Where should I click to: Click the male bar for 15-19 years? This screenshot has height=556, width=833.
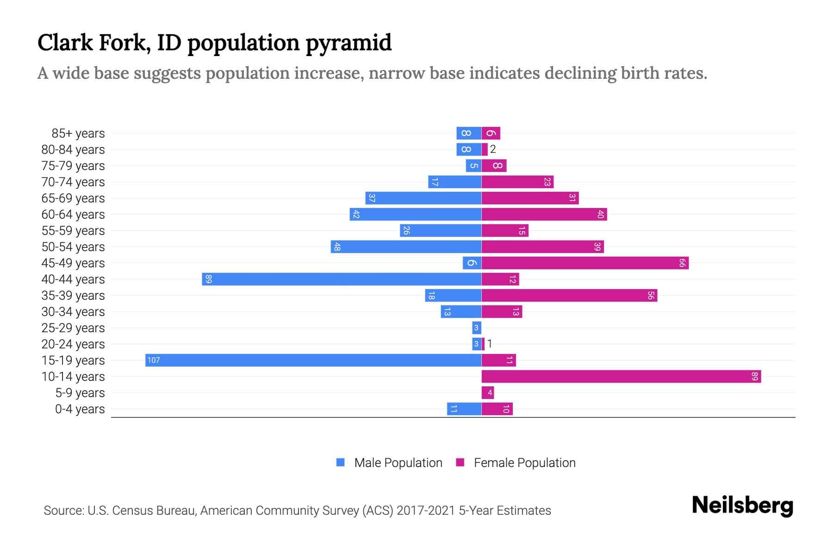(x=313, y=360)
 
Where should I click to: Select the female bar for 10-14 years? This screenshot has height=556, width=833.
(x=621, y=376)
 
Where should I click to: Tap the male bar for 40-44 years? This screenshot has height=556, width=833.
(x=342, y=279)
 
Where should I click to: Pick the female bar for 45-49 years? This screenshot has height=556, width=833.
(x=585, y=263)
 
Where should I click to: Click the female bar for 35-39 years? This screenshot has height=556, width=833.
(x=569, y=295)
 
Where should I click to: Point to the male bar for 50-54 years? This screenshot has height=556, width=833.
(x=406, y=246)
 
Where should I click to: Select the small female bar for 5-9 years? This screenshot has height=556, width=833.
(x=488, y=392)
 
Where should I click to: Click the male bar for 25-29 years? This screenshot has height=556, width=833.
(x=477, y=328)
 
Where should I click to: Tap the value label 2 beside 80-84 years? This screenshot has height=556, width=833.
(x=493, y=149)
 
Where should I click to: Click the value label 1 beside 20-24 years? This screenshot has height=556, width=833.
(x=490, y=344)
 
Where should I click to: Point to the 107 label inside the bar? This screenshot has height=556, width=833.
(x=154, y=360)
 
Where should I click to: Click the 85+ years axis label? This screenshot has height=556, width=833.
(x=78, y=133)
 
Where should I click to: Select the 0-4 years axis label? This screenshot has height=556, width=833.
(x=80, y=409)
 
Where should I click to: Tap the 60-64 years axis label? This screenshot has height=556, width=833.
(x=73, y=215)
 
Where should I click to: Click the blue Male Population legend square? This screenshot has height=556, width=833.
(x=341, y=462)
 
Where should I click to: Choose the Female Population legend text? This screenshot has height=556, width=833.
(x=524, y=462)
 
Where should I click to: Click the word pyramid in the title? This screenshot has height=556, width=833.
(x=348, y=43)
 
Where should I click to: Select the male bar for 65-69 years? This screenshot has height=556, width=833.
(x=423, y=198)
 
